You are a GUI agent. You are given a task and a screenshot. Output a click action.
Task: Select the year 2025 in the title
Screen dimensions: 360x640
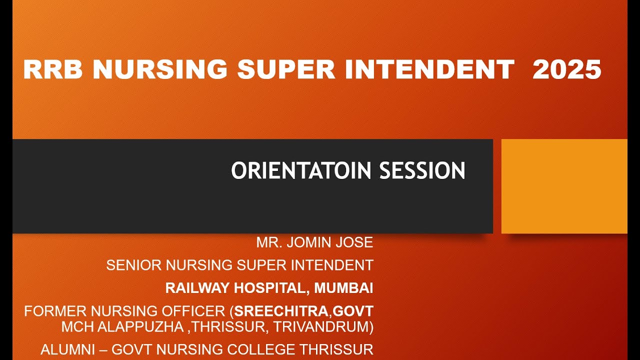pyautogui.click(x=566, y=69)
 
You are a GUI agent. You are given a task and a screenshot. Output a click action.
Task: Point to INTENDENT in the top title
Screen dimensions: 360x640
pyautogui.click(x=429, y=69)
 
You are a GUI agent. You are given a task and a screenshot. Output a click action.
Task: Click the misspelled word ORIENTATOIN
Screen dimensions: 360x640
pyautogui.click(x=300, y=170)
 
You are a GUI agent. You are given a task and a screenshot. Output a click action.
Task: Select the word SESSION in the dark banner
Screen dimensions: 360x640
pyautogui.click(x=422, y=170)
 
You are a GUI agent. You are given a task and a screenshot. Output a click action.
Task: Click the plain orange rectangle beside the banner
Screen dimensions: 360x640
pyautogui.click(x=564, y=186)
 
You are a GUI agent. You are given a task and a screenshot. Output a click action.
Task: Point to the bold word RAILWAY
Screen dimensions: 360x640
pyautogui.click(x=196, y=288)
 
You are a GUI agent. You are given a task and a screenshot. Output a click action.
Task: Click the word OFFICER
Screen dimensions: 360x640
pyautogui.click(x=195, y=311)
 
